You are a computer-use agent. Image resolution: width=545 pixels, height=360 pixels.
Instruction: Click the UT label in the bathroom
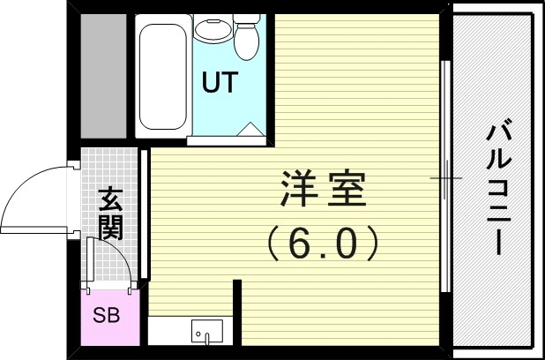point(219,83)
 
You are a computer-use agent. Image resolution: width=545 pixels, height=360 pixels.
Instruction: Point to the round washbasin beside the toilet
point(209,29)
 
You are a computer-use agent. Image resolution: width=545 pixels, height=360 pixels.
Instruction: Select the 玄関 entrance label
point(110,214)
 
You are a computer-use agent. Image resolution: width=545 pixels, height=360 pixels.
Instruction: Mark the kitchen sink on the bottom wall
point(207,332)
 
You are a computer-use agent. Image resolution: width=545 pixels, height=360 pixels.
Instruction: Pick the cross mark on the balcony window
point(446,179)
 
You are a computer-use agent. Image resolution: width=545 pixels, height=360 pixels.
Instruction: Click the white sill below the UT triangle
point(225,139)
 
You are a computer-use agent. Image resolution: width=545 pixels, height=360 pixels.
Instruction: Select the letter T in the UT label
point(228,83)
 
